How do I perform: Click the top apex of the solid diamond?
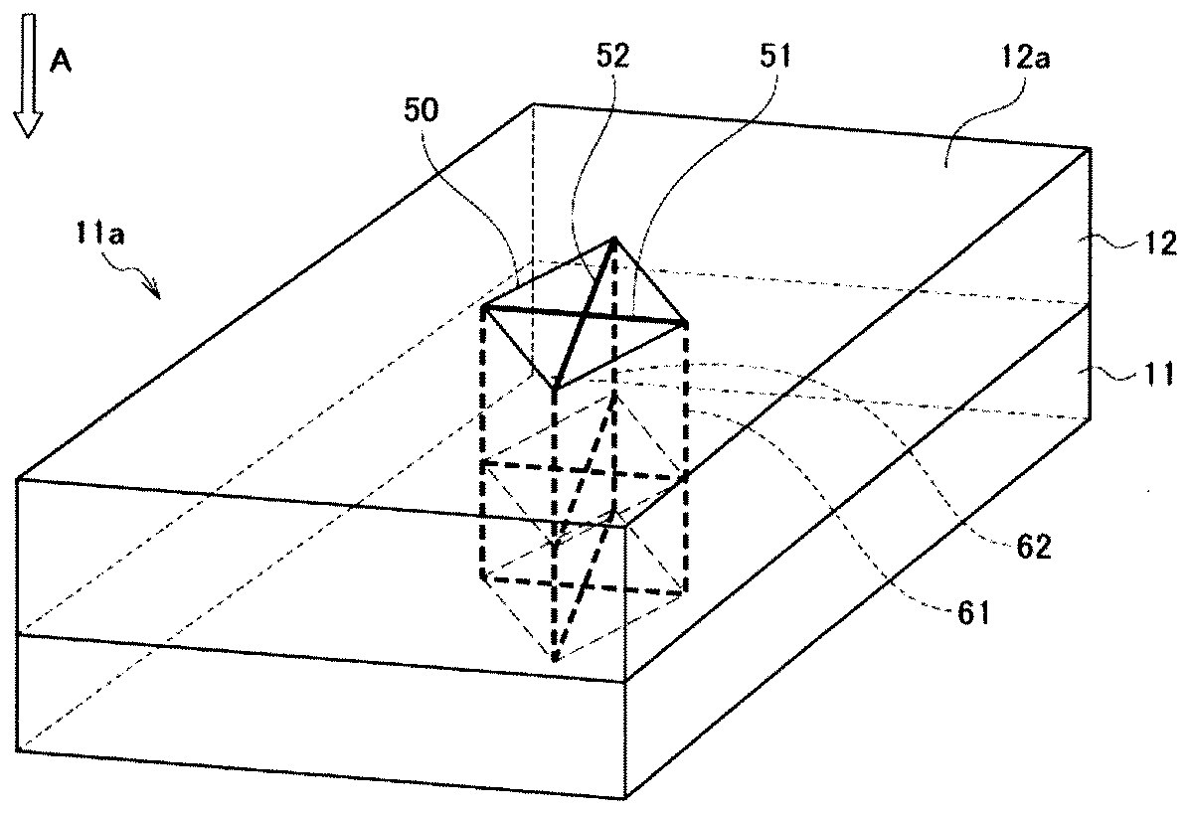pyautogui.click(x=615, y=239)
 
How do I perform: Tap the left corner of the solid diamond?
pyautogui.click(x=484, y=307)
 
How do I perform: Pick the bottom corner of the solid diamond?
pyautogui.click(x=556, y=388)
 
